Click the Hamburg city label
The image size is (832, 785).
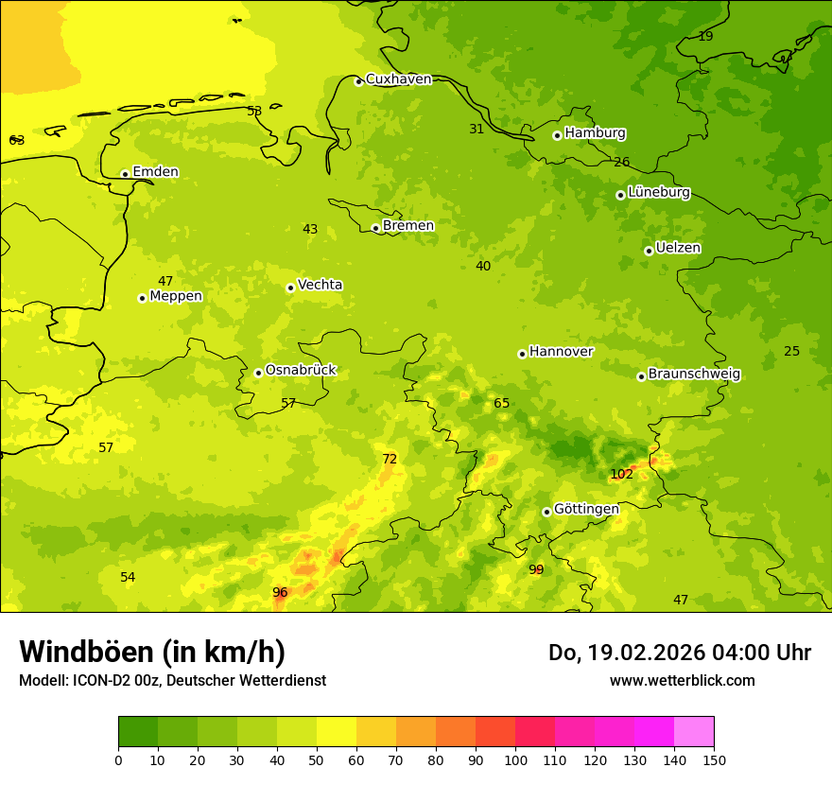[595, 133]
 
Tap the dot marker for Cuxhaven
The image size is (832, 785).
[358, 81]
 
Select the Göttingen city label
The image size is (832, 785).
[586, 509]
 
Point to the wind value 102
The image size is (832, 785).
[621, 474]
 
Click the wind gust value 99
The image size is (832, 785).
[536, 569]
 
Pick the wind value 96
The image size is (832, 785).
[280, 592]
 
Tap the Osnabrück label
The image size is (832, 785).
[301, 370]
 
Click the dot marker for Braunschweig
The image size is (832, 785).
[641, 376]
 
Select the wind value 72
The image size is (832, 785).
[390, 459]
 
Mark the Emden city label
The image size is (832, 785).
[155, 171]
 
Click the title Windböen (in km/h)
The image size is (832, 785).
[152, 652]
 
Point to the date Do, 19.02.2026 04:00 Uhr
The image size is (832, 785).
[679, 653]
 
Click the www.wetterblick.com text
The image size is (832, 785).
[682, 680]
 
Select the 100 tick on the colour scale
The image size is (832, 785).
[515, 759]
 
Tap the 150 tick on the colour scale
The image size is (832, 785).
[714, 759]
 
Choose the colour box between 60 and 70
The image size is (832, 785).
[376, 732]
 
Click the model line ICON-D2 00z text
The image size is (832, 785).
[172, 680]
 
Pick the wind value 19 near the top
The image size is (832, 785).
[705, 36]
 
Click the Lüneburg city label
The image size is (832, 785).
[658, 192]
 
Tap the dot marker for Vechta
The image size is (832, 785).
[290, 288]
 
